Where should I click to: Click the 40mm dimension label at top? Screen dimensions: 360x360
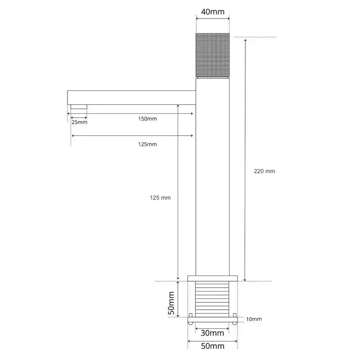pyautogui.click(x=212, y=12)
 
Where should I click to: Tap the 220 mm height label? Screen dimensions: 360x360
pyautogui.click(x=265, y=171)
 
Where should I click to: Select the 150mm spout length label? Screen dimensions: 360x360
pyautogui.click(x=148, y=118)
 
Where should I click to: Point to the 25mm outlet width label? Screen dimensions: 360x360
pyautogui.click(x=79, y=122)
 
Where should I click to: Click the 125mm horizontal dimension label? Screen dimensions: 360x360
pyautogui.click(x=148, y=144)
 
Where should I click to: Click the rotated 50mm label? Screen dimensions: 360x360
pyautogui.click(x=171, y=303)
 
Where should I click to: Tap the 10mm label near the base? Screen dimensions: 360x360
pyautogui.click(x=254, y=319)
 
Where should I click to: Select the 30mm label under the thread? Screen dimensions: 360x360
pyautogui.click(x=212, y=333)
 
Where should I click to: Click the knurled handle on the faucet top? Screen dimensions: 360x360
pyautogui.click(x=213, y=55)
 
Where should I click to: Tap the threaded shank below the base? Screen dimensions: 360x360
pyautogui.click(x=212, y=298)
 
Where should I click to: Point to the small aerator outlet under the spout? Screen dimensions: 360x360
pyautogui.click(x=79, y=107)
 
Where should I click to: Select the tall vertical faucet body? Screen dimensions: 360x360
pyautogui.click(x=213, y=180)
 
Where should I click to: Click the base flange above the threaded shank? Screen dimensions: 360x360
pyautogui.click(x=212, y=278)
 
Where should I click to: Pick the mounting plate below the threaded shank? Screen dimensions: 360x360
pyautogui.click(x=212, y=320)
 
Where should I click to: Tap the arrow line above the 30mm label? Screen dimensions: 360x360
pyautogui.click(x=212, y=328)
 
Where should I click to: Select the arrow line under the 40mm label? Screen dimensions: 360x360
pyautogui.click(x=212, y=19)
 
